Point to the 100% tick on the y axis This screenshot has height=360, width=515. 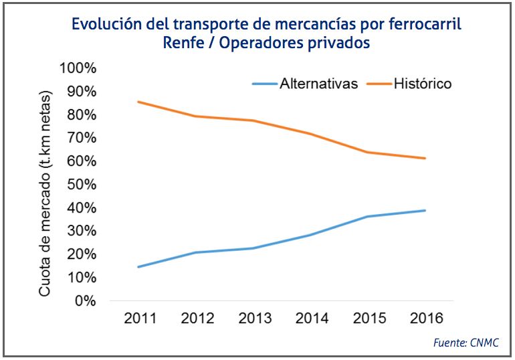(x=78, y=68)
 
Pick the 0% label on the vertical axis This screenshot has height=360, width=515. (x=85, y=300)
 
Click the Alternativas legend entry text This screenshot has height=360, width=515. (x=319, y=84)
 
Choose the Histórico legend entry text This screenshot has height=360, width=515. (x=423, y=84)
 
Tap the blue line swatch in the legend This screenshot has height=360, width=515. (x=264, y=84)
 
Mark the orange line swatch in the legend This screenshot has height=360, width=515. (x=378, y=84)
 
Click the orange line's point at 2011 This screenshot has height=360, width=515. (x=138, y=102)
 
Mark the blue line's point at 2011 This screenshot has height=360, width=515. (x=138, y=267)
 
